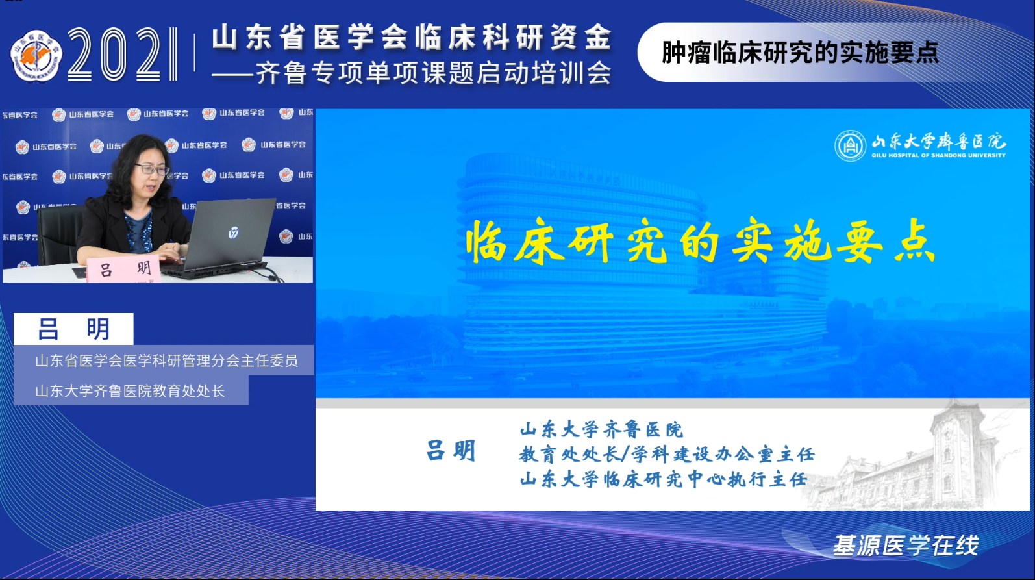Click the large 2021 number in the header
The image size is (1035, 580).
click(122, 55)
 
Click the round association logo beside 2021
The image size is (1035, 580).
click(36, 56)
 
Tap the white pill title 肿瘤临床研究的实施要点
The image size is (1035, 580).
click(800, 53)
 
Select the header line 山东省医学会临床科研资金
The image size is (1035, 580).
click(412, 37)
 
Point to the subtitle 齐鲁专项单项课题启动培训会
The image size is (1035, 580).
click(432, 73)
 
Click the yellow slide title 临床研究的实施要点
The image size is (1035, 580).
click(700, 242)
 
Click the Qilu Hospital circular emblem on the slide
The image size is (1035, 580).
click(850, 145)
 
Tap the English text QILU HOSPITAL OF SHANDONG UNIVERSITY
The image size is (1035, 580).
click(938, 156)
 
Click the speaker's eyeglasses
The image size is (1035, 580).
click(153, 170)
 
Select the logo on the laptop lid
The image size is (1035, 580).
click(233, 232)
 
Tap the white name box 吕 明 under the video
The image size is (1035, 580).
click(73, 329)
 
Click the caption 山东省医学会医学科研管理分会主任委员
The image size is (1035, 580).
click(166, 360)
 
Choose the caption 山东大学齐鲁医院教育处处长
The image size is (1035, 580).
click(130, 391)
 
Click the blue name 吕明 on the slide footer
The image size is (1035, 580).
click(451, 451)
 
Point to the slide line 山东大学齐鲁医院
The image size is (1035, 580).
click(601, 429)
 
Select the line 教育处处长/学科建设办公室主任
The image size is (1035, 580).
click(666, 454)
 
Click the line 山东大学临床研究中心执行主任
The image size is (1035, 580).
click(663, 479)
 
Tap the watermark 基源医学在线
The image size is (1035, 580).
click(905, 546)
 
